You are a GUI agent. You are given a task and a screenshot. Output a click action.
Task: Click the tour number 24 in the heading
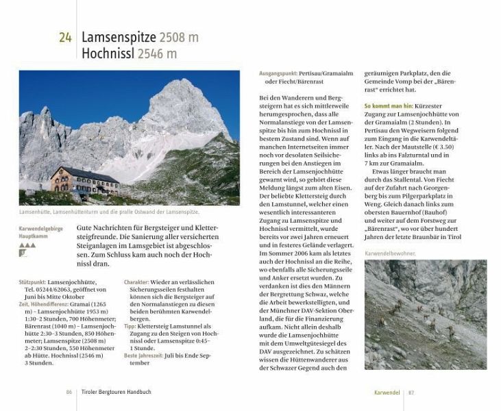click(64, 38)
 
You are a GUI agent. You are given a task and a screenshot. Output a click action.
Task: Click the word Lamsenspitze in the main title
click(119, 37)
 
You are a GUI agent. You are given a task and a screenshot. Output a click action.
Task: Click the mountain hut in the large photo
click(84, 181)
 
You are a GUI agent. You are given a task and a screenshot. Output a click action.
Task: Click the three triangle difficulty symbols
click(27, 244)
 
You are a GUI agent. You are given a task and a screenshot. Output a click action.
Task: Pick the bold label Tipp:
click(131, 327)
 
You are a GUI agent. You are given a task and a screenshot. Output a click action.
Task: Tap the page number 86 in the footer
click(69, 393)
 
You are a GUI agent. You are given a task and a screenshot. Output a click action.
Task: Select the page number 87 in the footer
click(411, 393)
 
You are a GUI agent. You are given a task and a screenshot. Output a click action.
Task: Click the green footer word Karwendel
click(387, 393)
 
